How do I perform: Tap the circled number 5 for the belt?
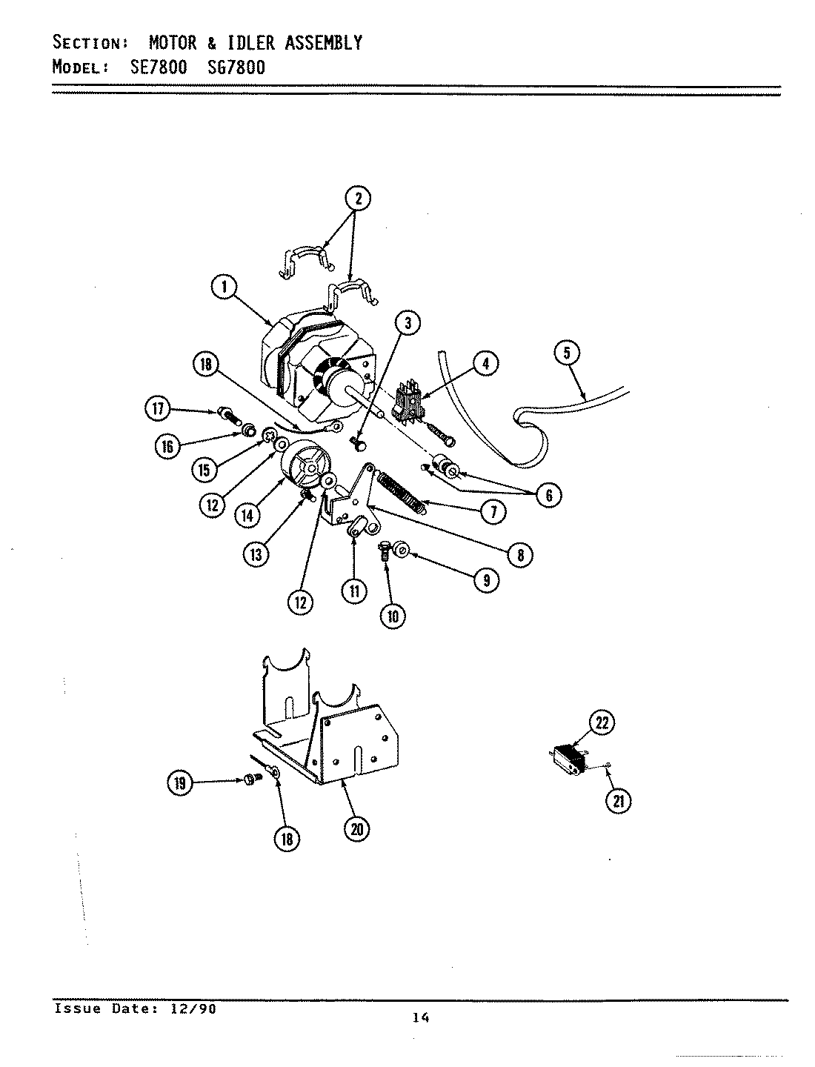[x=567, y=353]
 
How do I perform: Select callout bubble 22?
[x=602, y=722]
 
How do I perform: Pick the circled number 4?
[x=485, y=364]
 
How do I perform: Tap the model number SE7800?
[x=154, y=67]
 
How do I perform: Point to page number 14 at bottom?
[x=421, y=1018]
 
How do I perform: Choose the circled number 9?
[x=485, y=579]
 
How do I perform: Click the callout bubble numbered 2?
[x=357, y=198]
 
